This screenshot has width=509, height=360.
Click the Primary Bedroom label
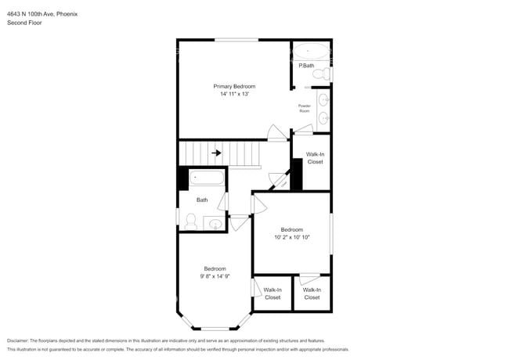point(234,86)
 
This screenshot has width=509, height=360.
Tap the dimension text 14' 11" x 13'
point(234,94)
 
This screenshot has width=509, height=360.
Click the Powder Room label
point(304,109)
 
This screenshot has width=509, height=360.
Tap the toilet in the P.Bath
point(319,74)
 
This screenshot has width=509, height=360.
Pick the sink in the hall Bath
point(215,225)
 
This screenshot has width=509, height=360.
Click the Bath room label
point(202,200)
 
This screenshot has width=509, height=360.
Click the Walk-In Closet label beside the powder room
point(315,158)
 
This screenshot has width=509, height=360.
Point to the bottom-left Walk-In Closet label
point(273,293)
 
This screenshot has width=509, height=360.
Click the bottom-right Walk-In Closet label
point(312,293)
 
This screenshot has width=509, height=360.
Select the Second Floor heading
point(24,23)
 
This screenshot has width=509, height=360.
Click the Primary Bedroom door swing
point(276,132)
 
